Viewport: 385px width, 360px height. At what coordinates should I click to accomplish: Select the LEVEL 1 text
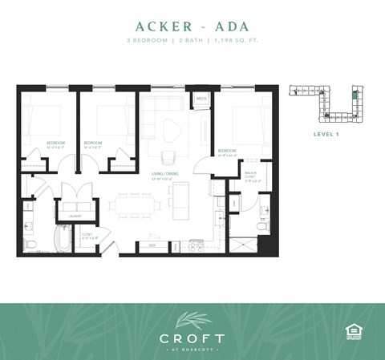point(326,134)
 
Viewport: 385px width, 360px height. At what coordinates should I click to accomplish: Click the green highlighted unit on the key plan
point(355,95)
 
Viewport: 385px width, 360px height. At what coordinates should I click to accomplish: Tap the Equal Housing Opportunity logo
point(351,330)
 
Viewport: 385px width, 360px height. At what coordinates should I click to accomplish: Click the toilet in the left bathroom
point(29,242)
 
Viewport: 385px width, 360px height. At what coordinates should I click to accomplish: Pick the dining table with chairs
point(132,204)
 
